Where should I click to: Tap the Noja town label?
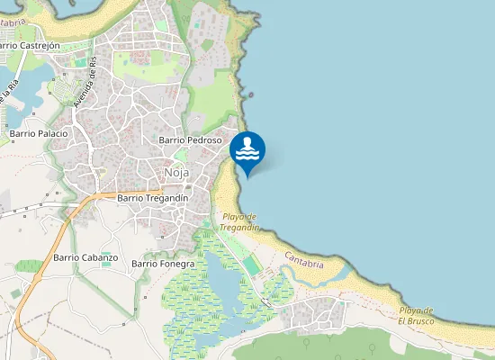click(176, 173)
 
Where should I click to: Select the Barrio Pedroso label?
click(189, 140)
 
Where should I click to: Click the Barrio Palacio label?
click(39, 133)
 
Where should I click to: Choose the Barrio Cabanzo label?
click(85, 257)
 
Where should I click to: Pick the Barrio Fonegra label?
click(162, 264)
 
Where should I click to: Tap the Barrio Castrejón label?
click(29, 45)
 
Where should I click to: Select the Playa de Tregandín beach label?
click(240, 221)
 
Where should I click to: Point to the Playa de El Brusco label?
click(417, 315)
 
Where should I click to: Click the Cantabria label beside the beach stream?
click(302, 260)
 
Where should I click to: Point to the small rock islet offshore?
click(251, 94)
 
